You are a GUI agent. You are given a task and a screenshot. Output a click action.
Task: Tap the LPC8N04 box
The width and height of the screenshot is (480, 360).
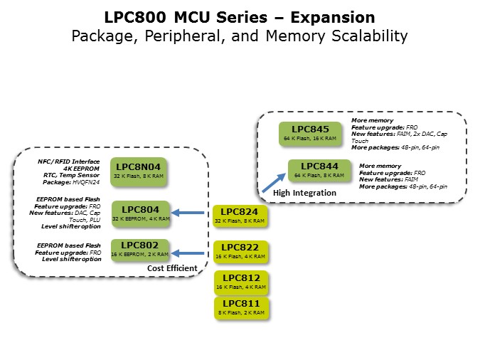[x=139, y=171]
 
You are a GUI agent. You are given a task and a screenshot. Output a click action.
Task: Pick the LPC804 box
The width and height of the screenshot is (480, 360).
[x=141, y=213]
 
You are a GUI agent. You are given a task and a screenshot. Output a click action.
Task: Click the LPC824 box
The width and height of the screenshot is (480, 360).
[x=240, y=216]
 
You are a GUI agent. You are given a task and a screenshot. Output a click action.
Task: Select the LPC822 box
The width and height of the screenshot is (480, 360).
[x=240, y=252]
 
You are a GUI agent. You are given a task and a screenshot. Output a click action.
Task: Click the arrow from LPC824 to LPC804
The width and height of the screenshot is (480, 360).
[x=191, y=212]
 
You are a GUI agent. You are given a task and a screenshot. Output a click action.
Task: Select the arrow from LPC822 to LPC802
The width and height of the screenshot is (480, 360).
[x=191, y=253]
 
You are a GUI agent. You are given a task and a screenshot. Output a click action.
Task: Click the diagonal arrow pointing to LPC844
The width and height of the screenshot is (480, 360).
[x=273, y=182]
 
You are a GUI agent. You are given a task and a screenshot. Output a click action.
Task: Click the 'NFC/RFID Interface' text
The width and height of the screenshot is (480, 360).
[x=69, y=162]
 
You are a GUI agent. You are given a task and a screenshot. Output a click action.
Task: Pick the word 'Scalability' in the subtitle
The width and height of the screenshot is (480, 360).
[x=361, y=35]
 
